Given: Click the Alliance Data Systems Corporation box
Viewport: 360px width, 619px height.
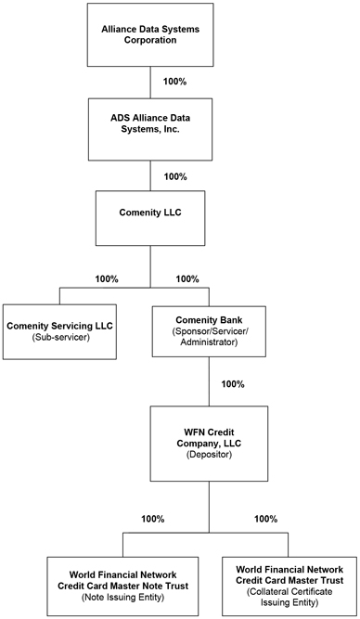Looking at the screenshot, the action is (150, 34).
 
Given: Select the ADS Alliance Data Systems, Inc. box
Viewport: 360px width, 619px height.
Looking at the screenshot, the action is (150, 129).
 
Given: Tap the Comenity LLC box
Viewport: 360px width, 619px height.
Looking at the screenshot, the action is (150, 218).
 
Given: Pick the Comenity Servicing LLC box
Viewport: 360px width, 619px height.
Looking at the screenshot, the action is (59, 331).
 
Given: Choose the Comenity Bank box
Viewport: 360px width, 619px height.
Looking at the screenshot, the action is (209, 331).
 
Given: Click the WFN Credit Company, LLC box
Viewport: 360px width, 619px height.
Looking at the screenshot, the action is (209, 444).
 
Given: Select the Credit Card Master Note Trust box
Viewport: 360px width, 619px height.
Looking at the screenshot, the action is (122, 587).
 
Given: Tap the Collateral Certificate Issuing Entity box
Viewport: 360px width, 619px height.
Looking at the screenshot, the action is (289, 587).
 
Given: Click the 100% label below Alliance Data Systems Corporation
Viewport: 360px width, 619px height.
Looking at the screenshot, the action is (174, 82).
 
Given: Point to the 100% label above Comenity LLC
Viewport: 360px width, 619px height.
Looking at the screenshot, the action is (175, 176).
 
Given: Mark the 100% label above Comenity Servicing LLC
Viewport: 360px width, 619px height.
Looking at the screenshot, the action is (107, 278).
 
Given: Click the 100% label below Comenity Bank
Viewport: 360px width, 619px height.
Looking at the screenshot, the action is (233, 383).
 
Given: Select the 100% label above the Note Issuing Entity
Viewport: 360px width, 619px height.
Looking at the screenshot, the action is (153, 519).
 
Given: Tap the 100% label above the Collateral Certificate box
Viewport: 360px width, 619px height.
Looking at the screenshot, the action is (265, 519).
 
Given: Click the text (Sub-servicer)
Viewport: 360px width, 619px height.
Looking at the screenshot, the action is (59, 338).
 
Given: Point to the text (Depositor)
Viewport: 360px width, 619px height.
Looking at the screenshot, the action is (209, 455).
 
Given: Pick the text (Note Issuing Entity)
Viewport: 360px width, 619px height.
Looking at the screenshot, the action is (122, 598).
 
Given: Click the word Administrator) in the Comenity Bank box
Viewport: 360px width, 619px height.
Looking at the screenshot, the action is (209, 342).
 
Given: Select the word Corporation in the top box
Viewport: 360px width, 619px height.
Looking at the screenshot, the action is (150, 40).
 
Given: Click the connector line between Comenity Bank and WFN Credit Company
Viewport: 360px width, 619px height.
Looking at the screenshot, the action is (209, 381).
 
